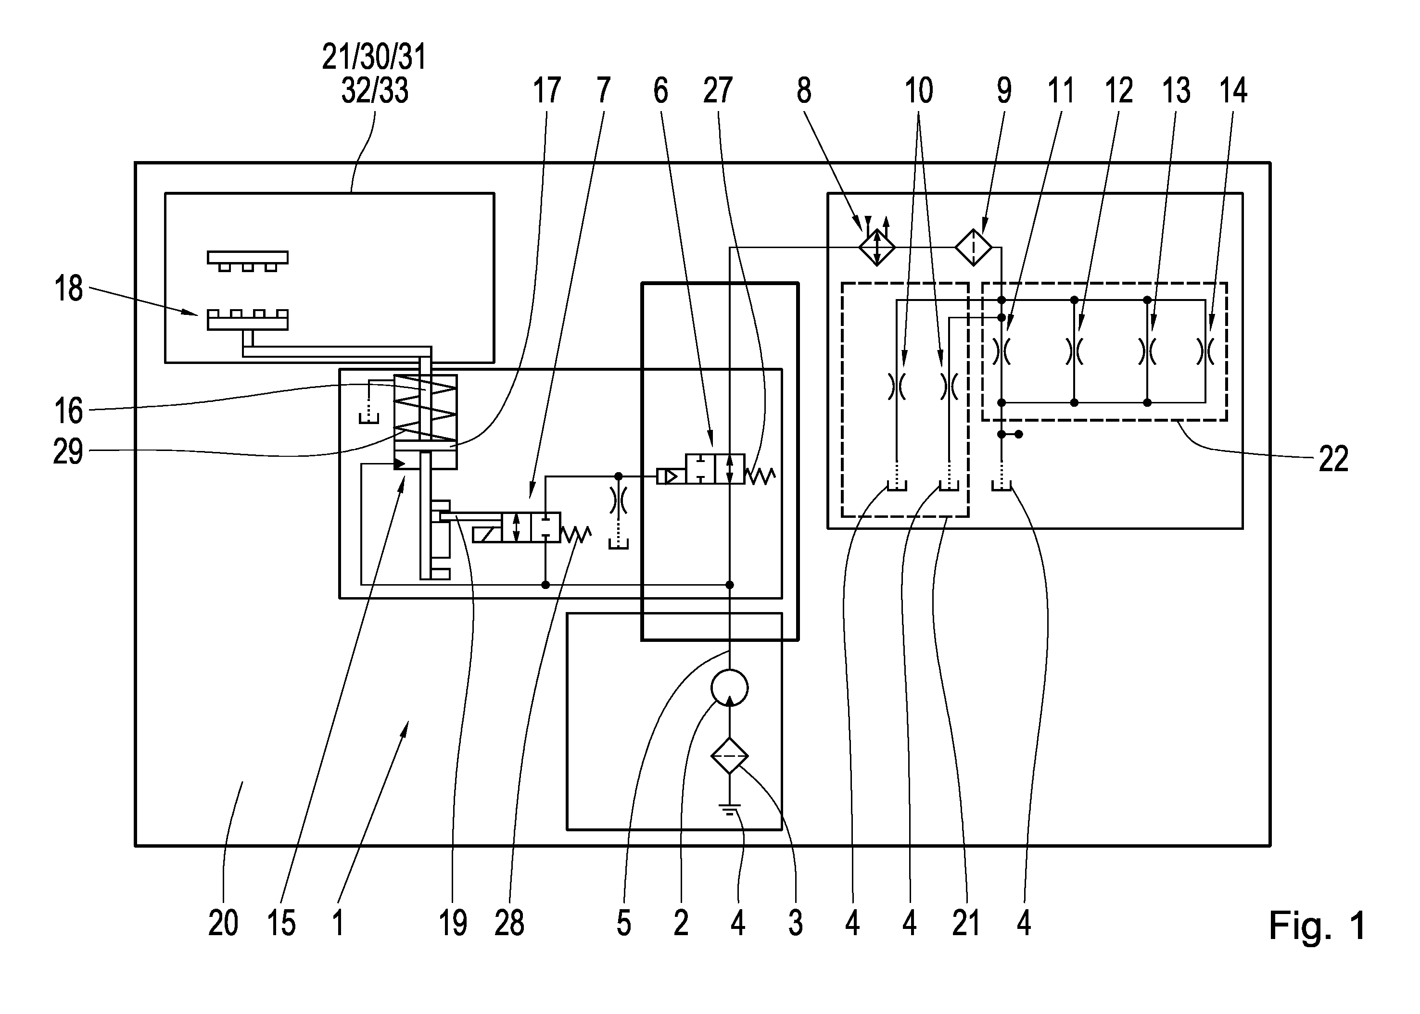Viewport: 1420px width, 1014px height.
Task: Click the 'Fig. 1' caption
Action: [1318, 926]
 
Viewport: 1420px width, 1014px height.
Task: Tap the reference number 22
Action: [1333, 459]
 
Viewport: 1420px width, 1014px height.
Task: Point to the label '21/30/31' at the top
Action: [374, 57]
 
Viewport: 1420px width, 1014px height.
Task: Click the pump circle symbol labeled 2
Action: [729, 688]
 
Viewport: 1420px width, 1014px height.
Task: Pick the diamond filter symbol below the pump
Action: [729, 755]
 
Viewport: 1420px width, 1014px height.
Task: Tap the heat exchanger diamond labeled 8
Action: [876, 247]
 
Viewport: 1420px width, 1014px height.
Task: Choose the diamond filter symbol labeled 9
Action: [973, 247]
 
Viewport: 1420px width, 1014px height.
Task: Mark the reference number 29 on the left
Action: [68, 451]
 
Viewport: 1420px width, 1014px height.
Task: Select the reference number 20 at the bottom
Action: [223, 923]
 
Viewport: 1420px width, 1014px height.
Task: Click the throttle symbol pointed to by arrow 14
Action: [1205, 351]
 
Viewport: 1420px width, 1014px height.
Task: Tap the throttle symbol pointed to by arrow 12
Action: [1074, 351]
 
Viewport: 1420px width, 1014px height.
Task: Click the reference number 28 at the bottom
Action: [509, 923]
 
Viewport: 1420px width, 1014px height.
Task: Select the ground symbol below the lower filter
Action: [729, 810]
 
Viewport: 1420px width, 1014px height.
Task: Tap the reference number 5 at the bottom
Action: [623, 923]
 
